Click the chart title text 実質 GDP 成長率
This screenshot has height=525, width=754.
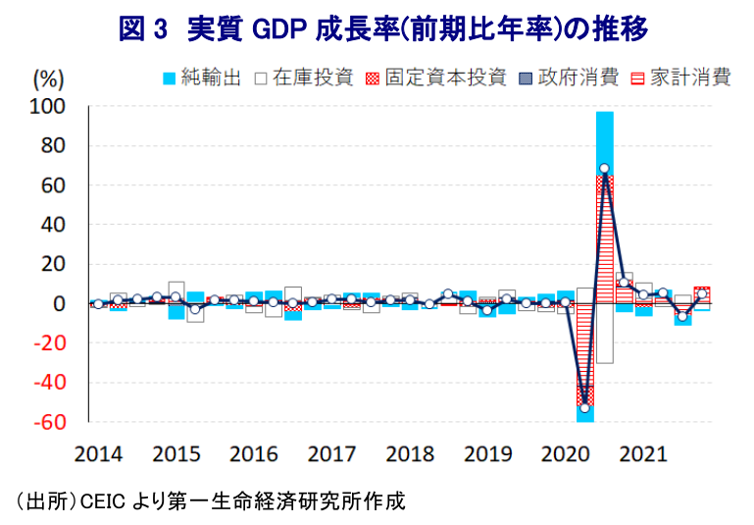382,28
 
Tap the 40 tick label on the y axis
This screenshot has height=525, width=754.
54,225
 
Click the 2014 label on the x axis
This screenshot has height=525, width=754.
98,454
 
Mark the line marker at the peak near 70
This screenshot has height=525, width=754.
605,169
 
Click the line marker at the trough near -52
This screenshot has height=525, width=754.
585,407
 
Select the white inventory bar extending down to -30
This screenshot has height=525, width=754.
605,334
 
